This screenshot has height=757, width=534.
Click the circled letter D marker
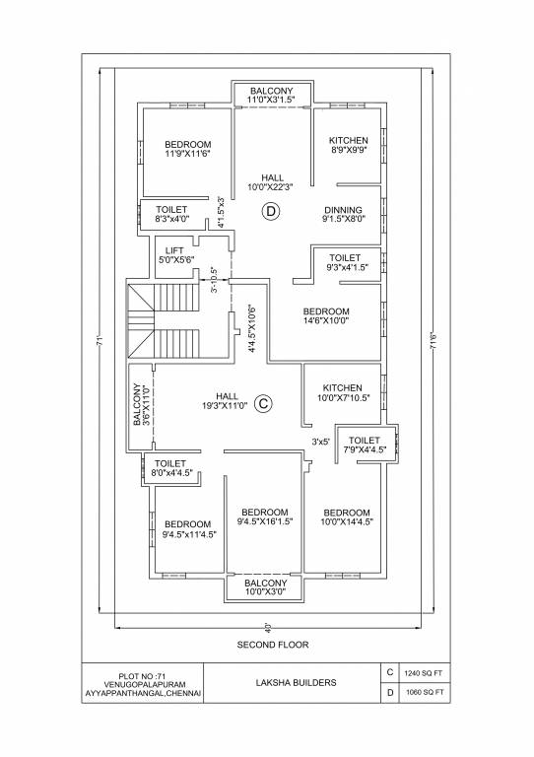[x=271, y=210]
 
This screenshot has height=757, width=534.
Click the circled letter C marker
[x=263, y=402]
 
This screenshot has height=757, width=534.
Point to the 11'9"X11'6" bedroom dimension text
[x=187, y=155]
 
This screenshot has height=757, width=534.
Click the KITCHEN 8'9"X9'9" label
[x=349, y=146]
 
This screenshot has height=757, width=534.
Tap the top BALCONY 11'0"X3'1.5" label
[x=271, y=95]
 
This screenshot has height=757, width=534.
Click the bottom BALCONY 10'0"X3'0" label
[x=264, y=587]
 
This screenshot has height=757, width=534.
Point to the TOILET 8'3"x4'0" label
[x=171, y=214]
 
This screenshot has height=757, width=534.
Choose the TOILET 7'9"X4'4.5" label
[x=365, y=446]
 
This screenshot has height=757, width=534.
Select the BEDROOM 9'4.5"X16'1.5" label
[x=264, y=517]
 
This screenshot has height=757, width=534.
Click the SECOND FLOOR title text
[x=273, y=645]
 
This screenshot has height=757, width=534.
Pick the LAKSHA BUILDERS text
[x=296, y=682]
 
